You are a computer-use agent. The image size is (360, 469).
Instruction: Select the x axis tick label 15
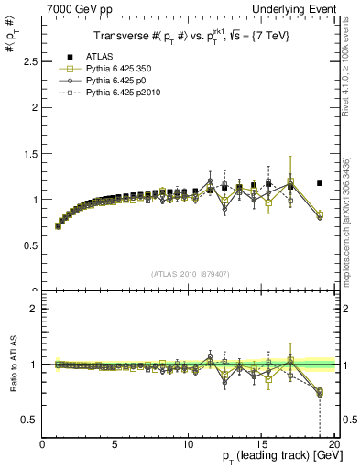261,446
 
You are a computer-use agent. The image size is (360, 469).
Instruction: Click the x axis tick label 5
115,446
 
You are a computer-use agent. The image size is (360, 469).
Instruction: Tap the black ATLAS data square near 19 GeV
320,183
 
